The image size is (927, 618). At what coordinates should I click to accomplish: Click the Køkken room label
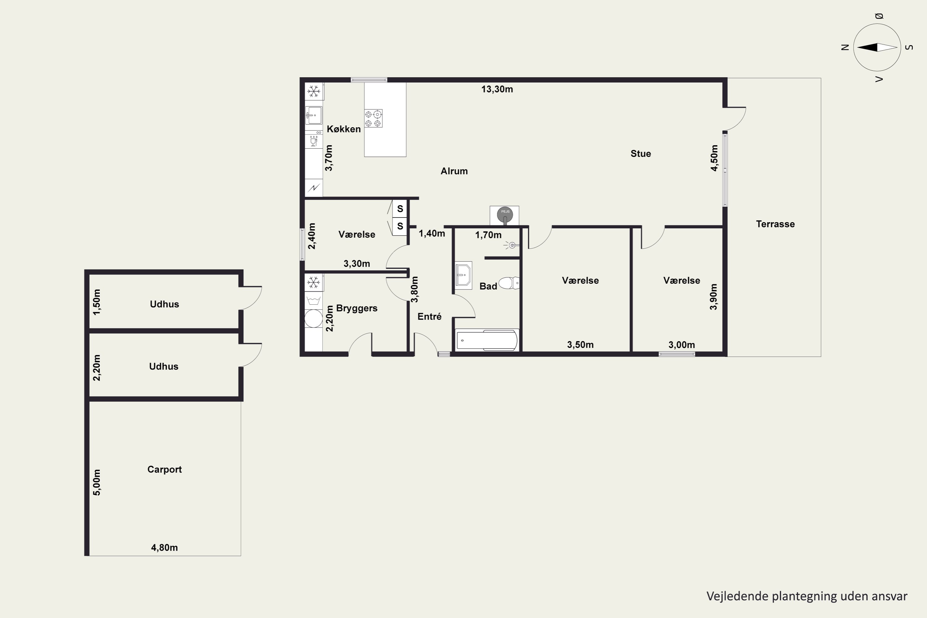(344, 129)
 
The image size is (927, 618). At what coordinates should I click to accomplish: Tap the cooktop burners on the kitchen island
(373, 119)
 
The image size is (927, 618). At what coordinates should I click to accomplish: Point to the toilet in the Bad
(509, 283)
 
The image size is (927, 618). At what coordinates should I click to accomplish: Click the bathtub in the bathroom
(487, 340)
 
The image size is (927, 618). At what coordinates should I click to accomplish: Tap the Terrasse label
(775, 224)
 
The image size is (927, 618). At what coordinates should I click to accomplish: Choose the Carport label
(164, 469)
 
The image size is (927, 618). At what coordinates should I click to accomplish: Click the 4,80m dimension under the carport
(164, 548)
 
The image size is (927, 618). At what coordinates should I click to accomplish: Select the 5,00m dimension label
(96, 482)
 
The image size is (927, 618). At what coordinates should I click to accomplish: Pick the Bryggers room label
(357, 308)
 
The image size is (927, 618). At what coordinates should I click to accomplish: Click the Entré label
(429, 316)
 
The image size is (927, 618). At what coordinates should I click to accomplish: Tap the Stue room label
(641, 154)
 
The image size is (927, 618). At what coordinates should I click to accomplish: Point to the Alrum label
(454, 171)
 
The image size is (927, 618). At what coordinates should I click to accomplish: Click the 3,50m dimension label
(580, 345)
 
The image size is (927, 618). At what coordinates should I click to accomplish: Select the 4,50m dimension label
(714, 158)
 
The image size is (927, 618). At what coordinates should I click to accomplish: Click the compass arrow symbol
(877, 47)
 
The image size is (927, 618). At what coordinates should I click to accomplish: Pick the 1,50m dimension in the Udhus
(96, 302)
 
